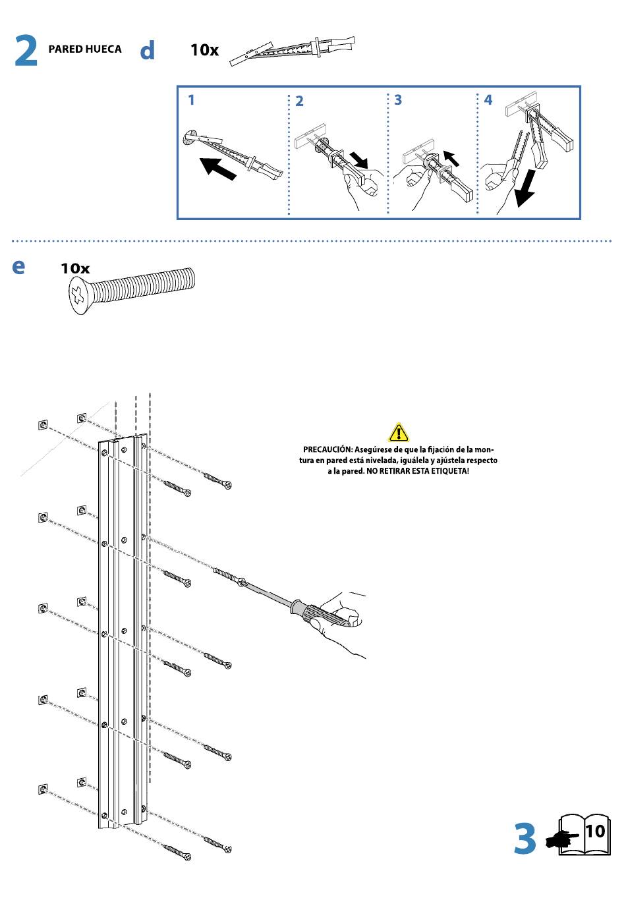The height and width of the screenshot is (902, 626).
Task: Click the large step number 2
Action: click(26, 51)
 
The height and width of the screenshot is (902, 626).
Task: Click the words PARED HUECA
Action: click(85, 49)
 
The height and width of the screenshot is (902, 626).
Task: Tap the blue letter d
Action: click(148, 50)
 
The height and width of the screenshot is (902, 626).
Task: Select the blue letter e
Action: click(19, 266)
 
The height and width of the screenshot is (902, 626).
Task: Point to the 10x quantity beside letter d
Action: click(204, 50)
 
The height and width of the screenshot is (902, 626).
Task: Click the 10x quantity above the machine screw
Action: click(75, 269)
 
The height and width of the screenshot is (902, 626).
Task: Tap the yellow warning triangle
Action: click(399, 432)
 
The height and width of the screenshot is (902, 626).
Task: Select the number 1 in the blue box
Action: click(191, 100)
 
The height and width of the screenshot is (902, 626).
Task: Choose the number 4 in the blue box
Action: click(488, 100)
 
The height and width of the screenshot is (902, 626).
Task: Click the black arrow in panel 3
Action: click(451, 158)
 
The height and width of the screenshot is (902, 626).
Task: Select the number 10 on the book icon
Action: click(594, 831)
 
